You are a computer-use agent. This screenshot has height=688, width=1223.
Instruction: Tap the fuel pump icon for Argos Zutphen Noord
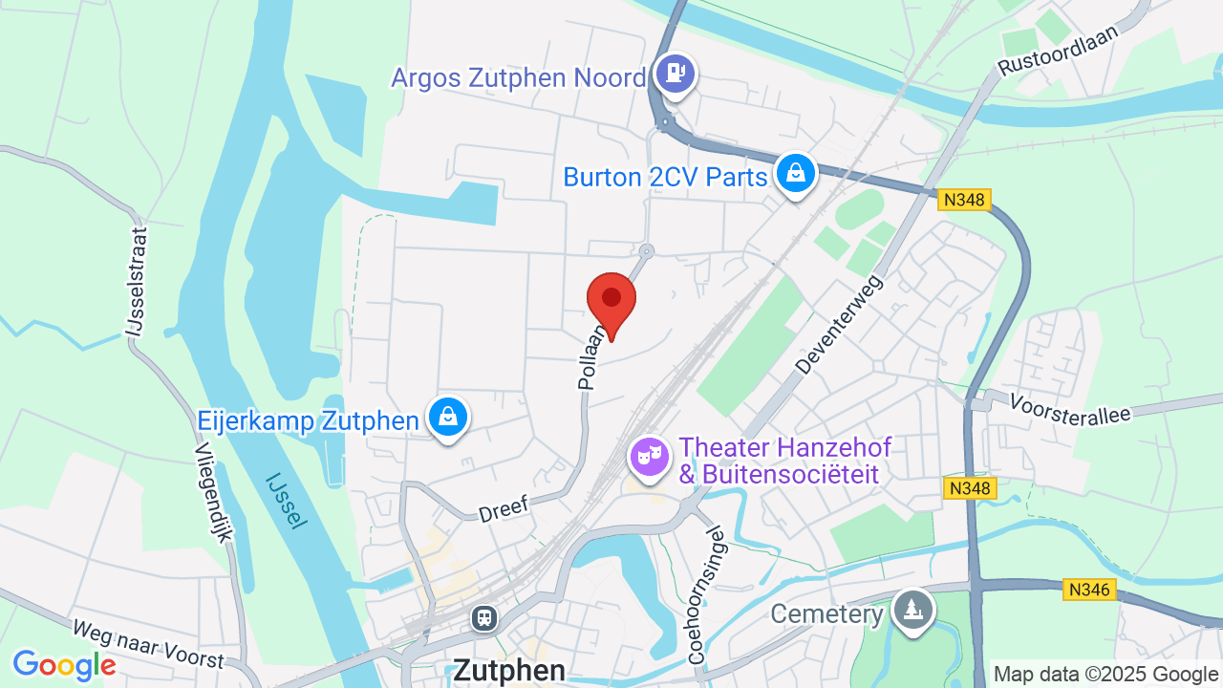point(676,73)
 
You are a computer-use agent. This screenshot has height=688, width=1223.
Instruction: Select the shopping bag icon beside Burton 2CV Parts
point(795,174)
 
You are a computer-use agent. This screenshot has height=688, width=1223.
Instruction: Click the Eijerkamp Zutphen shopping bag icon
point(447,418)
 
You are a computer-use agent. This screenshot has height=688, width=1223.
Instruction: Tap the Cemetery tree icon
point(913,609)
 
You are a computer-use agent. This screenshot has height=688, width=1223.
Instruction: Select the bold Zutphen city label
point(508,669)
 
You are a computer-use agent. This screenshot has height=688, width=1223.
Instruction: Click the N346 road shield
point(1089,590)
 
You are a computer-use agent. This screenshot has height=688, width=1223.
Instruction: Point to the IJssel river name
point(287,500)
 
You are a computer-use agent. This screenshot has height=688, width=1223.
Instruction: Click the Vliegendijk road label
point(214,492)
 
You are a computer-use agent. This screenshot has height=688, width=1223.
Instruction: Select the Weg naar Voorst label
point(147,644)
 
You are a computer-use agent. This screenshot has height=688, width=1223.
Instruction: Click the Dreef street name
point(503,506)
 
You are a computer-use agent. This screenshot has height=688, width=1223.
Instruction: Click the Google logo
point(64,665)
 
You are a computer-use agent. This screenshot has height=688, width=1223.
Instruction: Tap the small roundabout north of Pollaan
point(647,251)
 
